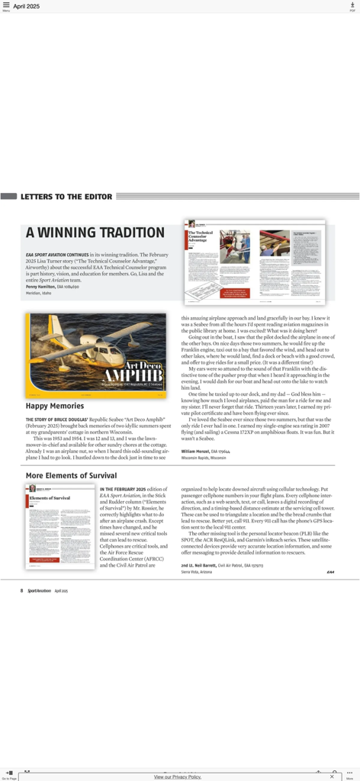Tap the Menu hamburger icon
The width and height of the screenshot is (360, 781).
pos(6,5)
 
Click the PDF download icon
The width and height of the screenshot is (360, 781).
pos(352,5)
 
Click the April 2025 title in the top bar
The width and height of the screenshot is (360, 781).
pos(27,6)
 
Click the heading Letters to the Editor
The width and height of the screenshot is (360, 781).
pos(66,197)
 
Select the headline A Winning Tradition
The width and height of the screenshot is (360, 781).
pos(95,233)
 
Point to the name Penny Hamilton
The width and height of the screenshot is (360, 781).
pos(41,286)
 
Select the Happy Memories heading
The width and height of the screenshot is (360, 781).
pos(55,407)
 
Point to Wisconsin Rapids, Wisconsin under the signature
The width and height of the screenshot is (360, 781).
pos(204,458)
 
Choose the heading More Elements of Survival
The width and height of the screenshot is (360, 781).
pos(71,476)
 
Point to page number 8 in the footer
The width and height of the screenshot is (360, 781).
pos(22,590)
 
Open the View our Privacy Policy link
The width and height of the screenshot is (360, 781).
pos(178,776)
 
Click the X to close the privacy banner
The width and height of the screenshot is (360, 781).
pos(332,776)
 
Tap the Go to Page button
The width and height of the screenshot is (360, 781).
pos(9,774)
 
